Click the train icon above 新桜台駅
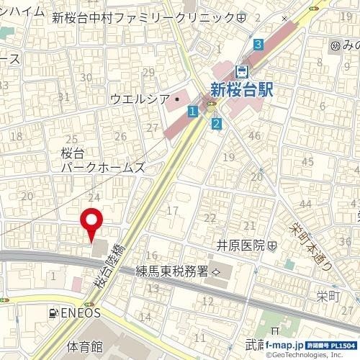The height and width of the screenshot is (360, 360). click(x=243, y=71)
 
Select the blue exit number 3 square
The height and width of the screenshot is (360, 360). click(x=258, y=45)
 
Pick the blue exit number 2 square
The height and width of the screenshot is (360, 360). click(x=215, y=124)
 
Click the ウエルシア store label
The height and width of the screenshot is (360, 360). click(x=140, y=98)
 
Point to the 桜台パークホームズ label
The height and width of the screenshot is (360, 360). click(x=103, y=160)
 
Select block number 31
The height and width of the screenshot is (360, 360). click(x=64, y=97)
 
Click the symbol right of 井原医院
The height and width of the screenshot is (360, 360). click(x=272, y=246)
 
